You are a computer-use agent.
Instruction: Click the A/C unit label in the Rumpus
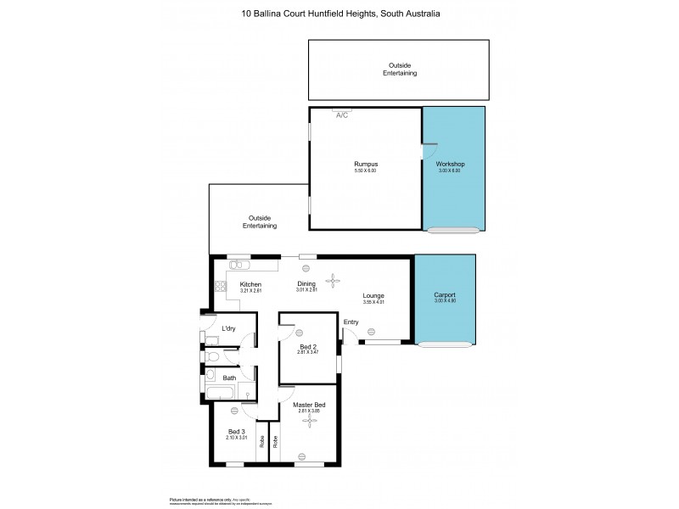342,115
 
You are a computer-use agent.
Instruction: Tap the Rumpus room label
365,163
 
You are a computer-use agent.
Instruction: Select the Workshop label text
450,163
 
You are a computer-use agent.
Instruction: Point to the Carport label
445,294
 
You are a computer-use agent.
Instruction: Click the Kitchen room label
250,284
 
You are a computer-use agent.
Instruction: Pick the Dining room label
306,284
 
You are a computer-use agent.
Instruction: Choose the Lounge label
374,295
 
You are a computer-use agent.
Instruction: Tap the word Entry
351,322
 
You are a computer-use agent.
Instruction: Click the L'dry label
228,328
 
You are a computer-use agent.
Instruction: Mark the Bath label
229,378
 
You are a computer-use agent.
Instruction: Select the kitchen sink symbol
238,264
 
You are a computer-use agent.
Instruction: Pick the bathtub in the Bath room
221,393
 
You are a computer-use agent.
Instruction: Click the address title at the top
339,14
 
